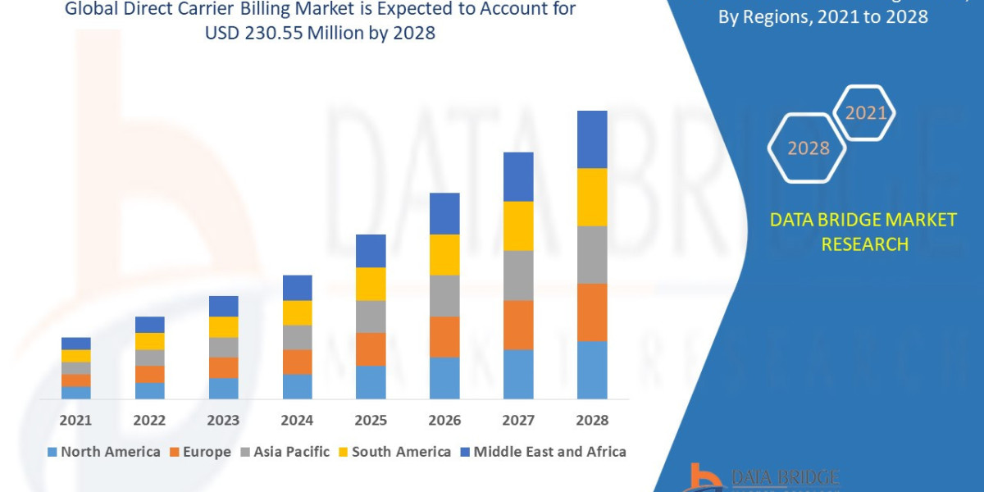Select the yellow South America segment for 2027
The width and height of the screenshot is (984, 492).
point(518,225)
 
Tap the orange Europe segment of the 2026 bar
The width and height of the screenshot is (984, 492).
point(444,336)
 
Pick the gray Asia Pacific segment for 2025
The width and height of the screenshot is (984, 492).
point(371,316)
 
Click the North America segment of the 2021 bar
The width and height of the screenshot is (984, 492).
point(76,392)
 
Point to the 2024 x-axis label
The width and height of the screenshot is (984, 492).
point(297,420)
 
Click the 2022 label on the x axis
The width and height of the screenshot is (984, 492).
point(149,420)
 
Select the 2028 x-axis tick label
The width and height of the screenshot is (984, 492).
point(592,420)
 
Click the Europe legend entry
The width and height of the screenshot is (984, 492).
point(201,452)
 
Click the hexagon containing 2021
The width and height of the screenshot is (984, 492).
point(865,113)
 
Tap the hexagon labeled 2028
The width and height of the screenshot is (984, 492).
point(808,148)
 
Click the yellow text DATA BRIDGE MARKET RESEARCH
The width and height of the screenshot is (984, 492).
point(863,231)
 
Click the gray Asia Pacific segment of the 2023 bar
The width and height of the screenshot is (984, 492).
point(223,347)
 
